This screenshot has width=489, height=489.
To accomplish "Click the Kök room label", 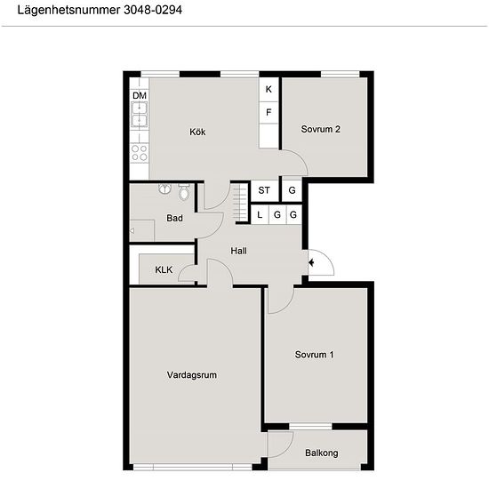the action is click(x=197, y=132).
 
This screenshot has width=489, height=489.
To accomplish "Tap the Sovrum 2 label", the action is click(x=321, y=129).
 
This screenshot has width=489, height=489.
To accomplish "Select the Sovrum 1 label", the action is click(x=315, y=355).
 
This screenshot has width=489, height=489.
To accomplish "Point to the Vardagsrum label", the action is click(x=192, y=375).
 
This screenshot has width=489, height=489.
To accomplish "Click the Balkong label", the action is click(x=322, y=453).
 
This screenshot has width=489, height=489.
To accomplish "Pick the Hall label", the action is click(x=239, y=251).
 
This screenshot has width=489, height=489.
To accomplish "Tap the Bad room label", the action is click(x=174, y=218).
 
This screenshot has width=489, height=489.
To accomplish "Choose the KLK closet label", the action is click(x=164, y=269).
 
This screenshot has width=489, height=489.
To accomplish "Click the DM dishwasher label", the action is click(x=140, y=95).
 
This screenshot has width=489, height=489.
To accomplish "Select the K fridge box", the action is click(x=269, y=90).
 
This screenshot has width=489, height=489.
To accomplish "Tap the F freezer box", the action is click(x=269, y=113).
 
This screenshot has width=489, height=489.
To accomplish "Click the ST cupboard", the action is click(x=264, y=190).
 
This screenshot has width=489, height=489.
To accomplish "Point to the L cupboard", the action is click(x=260, y=215).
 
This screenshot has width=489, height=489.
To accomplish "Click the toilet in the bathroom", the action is click(x=184, y=191).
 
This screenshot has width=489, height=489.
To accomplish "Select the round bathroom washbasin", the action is click(x=165, y=188).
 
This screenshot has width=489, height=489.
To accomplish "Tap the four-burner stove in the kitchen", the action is click(x=139, y=153).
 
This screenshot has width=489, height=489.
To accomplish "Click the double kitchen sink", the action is click(x=139, y=115).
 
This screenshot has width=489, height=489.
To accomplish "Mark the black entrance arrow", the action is click(x=311, y=262).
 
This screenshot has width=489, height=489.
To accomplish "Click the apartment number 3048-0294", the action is click(x=153, y=10).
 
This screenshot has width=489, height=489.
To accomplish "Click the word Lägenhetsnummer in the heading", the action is click(x=68, y=11).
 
